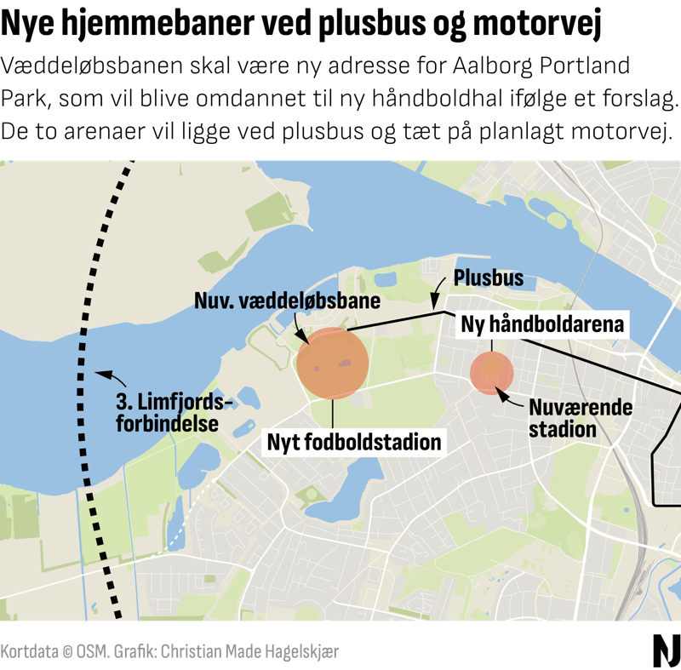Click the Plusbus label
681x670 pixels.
(488, 278)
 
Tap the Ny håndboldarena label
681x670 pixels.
(543, 324)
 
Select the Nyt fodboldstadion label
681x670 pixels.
(355, 442)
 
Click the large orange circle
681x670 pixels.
(333, 364)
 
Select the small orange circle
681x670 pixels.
(491, 372)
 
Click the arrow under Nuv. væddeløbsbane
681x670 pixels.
(300, 329)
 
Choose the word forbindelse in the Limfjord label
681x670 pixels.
(167, 422)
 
